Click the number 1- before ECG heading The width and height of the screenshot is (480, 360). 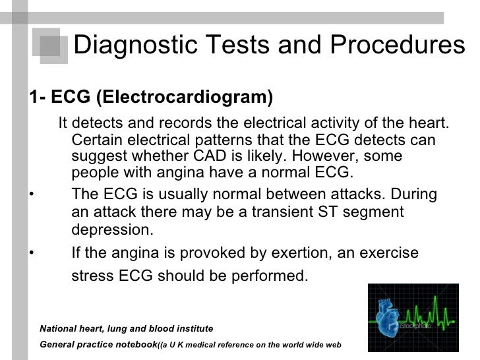[x=37, y=98]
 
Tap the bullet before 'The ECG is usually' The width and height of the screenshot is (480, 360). [x=31, y=195]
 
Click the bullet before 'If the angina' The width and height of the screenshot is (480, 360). [x=31, y=254]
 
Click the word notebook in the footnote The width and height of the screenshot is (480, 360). [x=136, y=344]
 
